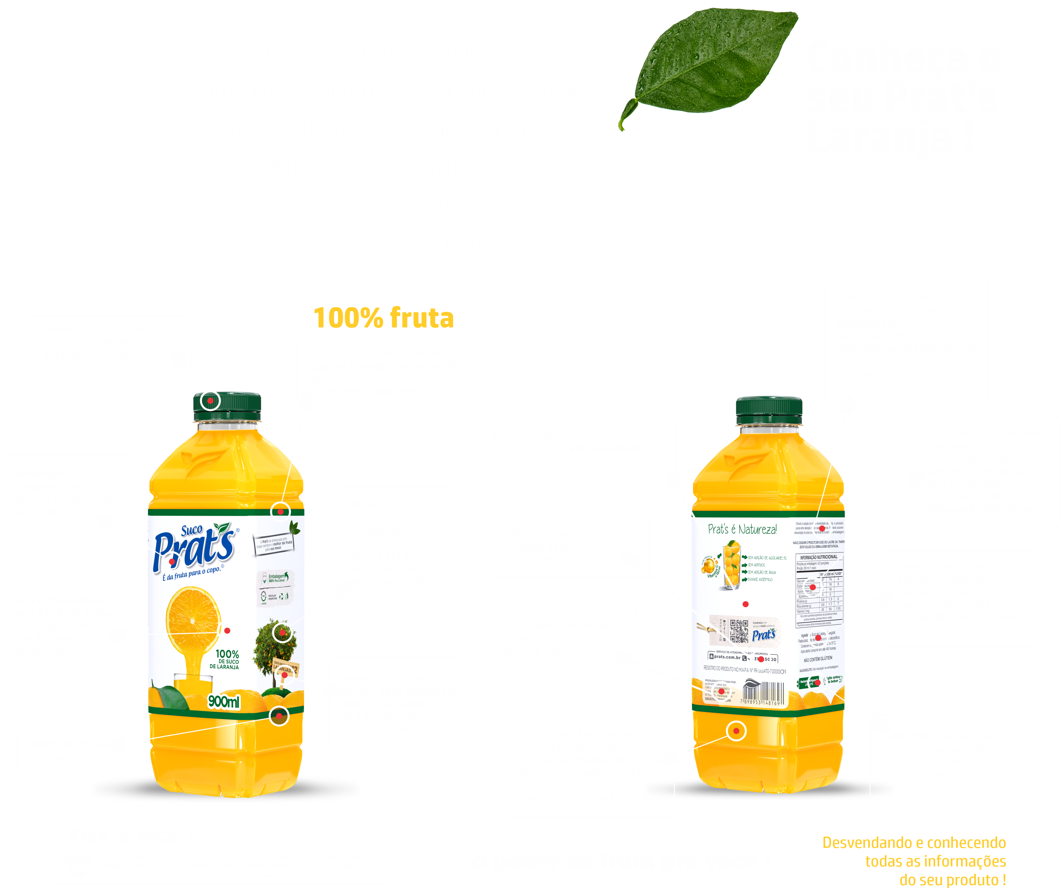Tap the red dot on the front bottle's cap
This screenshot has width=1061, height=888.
[x=210, y=401]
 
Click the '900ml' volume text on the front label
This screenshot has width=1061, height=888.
[x=224, y=701]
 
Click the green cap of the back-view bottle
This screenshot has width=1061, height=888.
[x=769, y=409]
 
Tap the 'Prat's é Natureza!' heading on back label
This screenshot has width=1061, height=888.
[x=742, y=529]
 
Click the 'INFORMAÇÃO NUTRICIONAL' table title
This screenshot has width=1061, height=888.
[x=818, y=557]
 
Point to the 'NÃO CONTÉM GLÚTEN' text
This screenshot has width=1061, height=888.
[x=818, y=659]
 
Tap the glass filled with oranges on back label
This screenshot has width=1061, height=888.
[x=731, y=566]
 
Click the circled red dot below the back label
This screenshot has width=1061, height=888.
[x=736, y=731]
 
